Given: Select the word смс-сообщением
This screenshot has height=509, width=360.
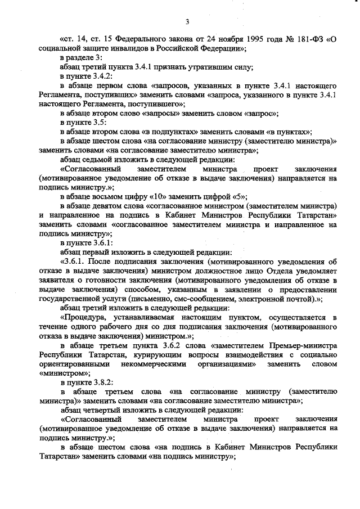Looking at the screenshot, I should pyautogui.click(x=211, y=298).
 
